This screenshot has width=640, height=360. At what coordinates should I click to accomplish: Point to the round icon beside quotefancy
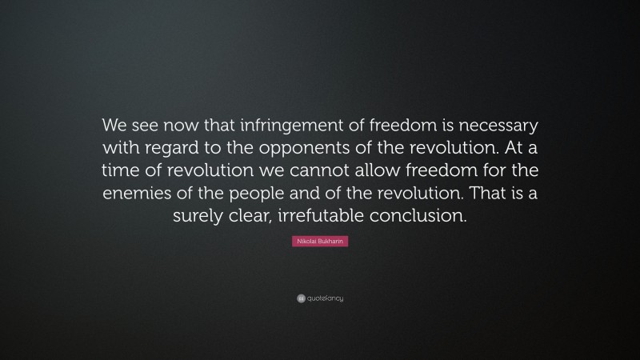pyautogui.click(x=300, y=298)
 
